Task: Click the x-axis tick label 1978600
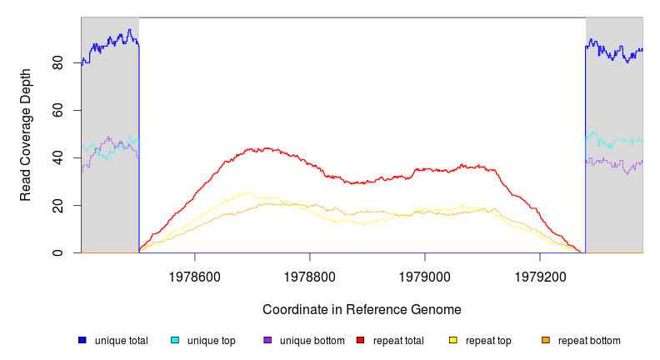click(195, 273)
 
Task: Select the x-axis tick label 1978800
click(310, 273)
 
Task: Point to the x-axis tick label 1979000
click(425, 273)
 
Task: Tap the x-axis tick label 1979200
click(540, 273)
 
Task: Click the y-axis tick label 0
click(57, 252)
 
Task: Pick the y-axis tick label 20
click(57, 205)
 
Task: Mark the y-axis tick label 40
click(57, 157)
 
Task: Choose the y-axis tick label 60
click(57, 110)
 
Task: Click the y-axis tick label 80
click(57, 62)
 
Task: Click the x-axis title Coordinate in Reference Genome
click(362, 309)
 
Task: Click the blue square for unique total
click(82, 340)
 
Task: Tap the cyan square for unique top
click(175, 340)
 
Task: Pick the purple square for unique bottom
click(267, 340)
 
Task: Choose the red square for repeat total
click(360, 340)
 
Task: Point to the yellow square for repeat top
click(453, 340)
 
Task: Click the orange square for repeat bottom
click(546, 340)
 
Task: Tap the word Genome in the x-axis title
click(437, 309)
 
